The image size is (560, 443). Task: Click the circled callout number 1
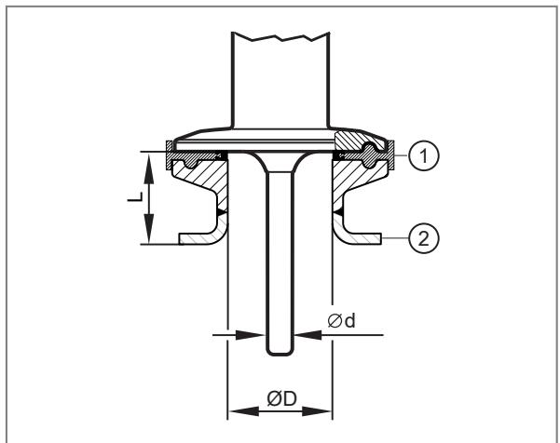424,155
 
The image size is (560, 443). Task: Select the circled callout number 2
424,238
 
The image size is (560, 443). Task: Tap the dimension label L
135,197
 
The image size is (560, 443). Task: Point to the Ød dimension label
341,321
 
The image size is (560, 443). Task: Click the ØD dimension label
281,398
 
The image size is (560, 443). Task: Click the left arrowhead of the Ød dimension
250,335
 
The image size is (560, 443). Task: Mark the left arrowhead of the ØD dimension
243,411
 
